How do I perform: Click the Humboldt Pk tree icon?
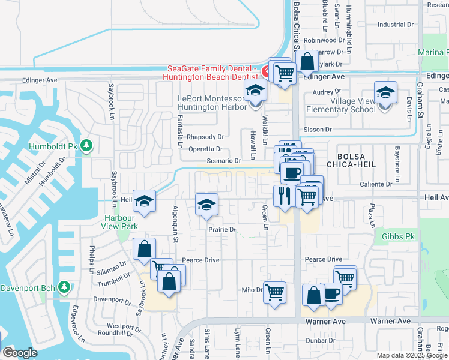(86, 146)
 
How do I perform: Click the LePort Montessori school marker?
(255, 92)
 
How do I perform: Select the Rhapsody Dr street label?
(205, 137)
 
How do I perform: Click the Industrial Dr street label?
(396, 25)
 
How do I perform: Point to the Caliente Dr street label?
(381, 184)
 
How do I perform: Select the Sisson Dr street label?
(329, 129)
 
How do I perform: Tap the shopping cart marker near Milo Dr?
(274, 292)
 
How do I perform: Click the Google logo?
(20, 353)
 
